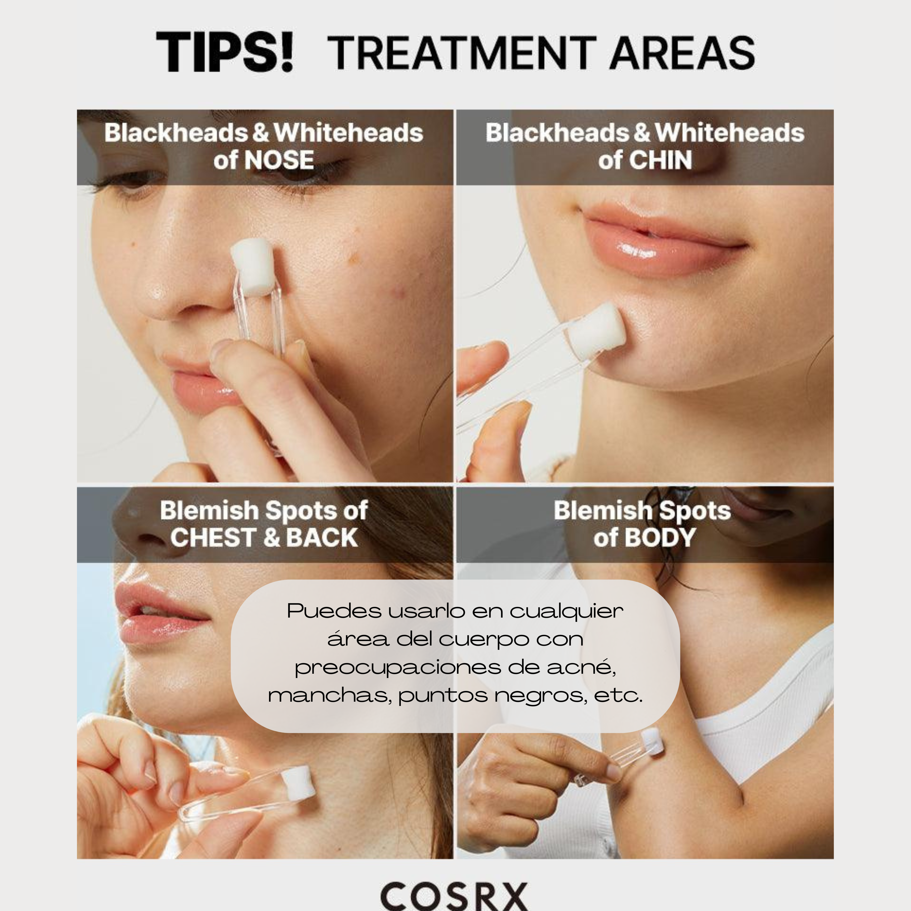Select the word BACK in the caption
point(322,538)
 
